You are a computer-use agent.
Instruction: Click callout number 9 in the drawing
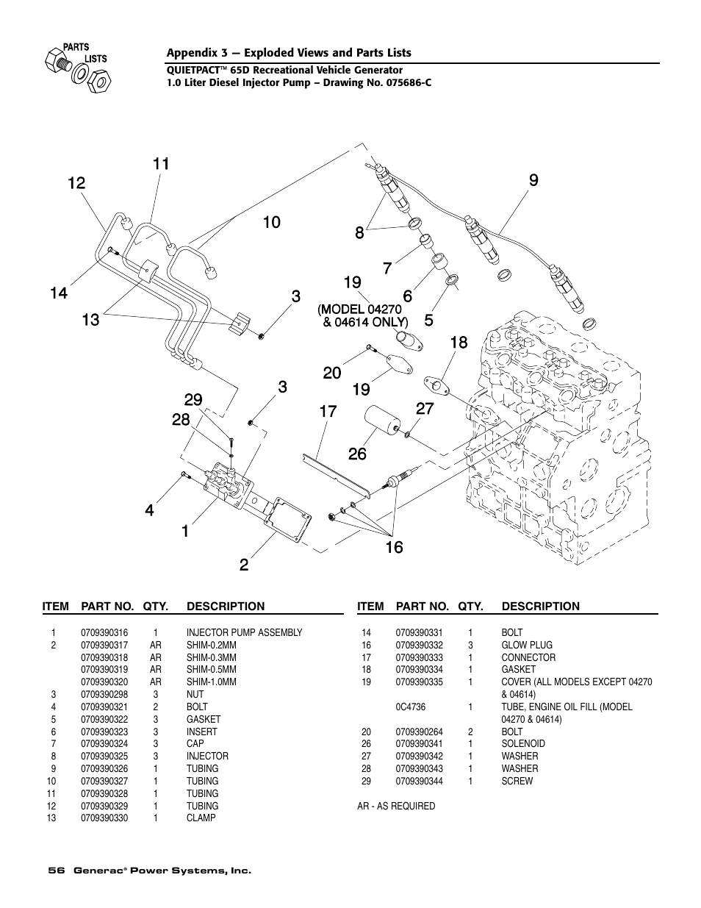tap(533, 179)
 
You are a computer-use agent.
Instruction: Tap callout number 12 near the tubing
tap(76, 183)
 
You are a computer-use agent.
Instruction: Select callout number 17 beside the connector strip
tap(328, 411)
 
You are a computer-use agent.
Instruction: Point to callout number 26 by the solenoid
tap(357, 454)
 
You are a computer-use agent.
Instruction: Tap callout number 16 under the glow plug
tap(394, 547)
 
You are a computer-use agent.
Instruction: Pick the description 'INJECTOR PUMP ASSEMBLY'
tap(244, 632)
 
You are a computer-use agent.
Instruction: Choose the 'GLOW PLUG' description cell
tap(527, 645)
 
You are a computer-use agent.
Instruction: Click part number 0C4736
tap(410, 707)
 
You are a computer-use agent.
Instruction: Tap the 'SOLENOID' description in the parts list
tap(523, 743)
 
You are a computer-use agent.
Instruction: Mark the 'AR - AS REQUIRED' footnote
tap(396, 806)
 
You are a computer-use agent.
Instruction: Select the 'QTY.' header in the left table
tap(156, 607)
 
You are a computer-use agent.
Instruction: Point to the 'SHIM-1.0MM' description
tap(212, 682)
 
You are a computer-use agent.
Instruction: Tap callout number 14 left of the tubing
tap(59, 293)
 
